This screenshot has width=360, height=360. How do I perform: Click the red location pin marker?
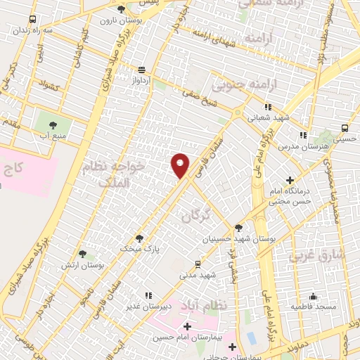click(x=181, y=165)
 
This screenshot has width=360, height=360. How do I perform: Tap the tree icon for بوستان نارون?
click(x=121, y=9)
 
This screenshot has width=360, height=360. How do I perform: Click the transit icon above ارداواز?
click(x=142, y=70)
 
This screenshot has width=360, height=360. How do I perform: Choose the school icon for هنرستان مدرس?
click(x=303, y=134)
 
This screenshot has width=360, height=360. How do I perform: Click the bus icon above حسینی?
click(x=345, y=128)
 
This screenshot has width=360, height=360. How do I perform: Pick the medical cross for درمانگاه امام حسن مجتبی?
click(x=290, y=181)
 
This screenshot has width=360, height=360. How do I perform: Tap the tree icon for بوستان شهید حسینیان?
click(x=240, y=228)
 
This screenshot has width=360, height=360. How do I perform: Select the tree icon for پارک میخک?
click(x=139, y=238)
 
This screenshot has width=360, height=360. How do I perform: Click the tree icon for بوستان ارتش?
click(x=82, y=255)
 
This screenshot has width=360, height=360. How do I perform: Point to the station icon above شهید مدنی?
click(x=198, y=264)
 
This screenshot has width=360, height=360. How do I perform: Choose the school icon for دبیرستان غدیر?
click(x=148, y=295)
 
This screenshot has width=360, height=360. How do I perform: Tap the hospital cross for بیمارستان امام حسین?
click(x=187, y=327)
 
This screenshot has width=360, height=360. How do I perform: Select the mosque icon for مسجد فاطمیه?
click(x=312, y=295)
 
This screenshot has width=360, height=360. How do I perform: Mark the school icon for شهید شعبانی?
click(x=268, y=108)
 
